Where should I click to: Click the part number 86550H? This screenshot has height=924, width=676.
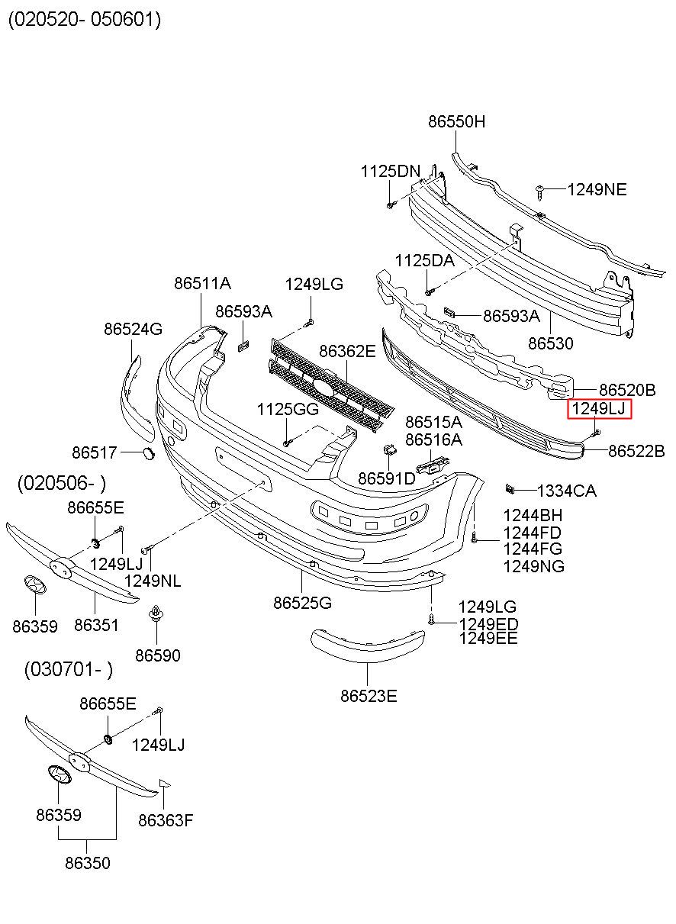click(x=456, y=121)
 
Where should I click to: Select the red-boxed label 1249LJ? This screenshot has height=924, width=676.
click(x=599, y=409)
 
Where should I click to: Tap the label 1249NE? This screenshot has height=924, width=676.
click(x=597, y=190)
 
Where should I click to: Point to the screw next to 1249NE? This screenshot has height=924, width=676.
click(x=540, y=192)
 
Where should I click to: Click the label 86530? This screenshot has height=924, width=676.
click(x=551, y=343)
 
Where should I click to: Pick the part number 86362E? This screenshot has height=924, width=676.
click(x=347, y=351)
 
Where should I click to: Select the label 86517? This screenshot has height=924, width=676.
click(x=95, y=452)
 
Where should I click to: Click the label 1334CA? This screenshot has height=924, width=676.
click(x=566, y=491)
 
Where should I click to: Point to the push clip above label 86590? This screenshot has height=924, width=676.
click(x=156, y=614)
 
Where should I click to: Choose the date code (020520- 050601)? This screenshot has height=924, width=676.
click(x=85, y=19)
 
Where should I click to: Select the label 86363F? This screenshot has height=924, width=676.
click(x=166, y=820)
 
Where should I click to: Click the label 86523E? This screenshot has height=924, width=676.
click(x=369, y=697)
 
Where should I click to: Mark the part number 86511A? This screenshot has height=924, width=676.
click(x=202, y=283)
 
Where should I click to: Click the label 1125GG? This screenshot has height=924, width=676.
click(x=288, y=409)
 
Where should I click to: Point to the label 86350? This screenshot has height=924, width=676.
click(x=88, y=863)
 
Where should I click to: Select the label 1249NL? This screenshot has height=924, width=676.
click(x=152, y=581)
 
